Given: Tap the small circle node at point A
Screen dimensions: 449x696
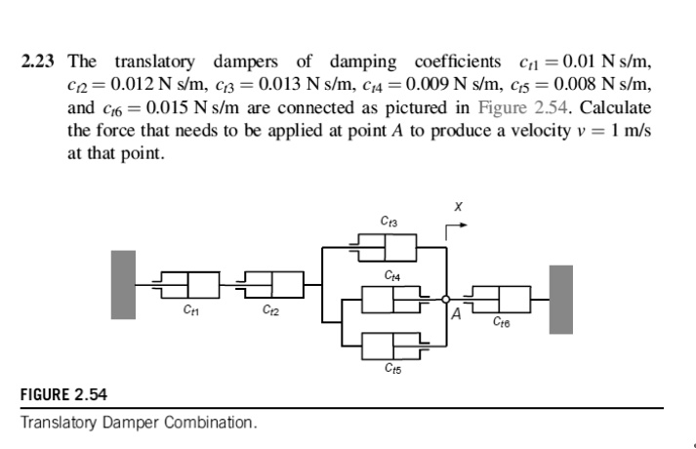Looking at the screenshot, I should click(445, 299).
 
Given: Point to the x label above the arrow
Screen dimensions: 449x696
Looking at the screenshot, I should click(456, 206).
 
